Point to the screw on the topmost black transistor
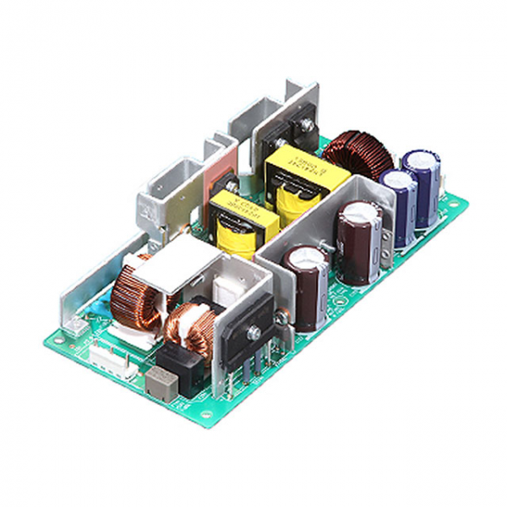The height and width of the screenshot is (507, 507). [301, 127]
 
